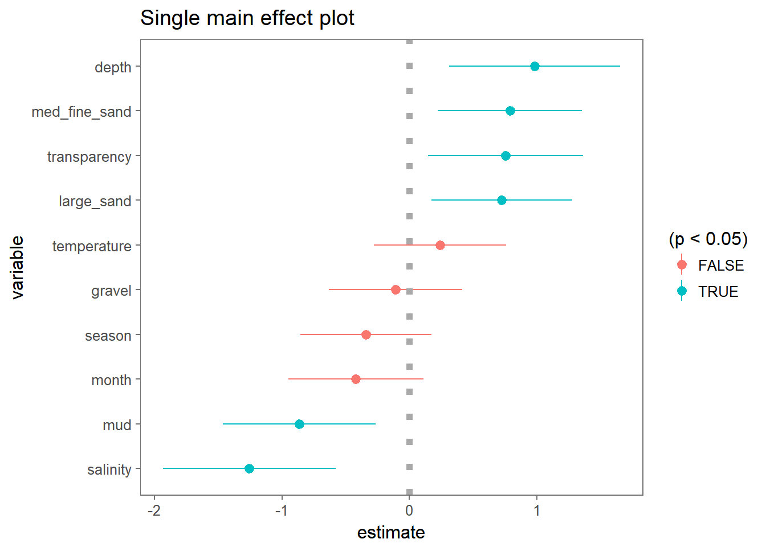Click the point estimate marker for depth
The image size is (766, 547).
pyautogui.click(x=535, y=67)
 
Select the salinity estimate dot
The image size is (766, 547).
pyautogui.click(x=249, y=468)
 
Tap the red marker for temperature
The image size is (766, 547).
pyautogui.click(x=440, y=245)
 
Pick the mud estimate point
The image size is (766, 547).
pyautogui.click(x=299, y=424)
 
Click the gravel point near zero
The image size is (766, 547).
pyautogui.click(x=396, y=290)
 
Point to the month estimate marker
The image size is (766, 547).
pyautogui.click(x=356, y=379)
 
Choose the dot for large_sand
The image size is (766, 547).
pyautogui.click(x=502, y=201)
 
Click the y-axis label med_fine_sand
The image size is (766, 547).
pyautogui.click(x=82, y=112)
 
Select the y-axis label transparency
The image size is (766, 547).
pyautogui.click(x=89, y=157)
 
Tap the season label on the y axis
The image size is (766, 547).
pyautogui.click(x=108, y=336)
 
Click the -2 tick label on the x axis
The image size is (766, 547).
pyautogui.click(x=154, y=511)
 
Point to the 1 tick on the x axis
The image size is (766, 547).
pyautogui.click(x=536, y=511)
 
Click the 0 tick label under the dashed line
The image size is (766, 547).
pyautogui.click(x=409, y=511)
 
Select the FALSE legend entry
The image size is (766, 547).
pyautogui.click(x=720, y=266)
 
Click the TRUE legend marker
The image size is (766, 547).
pyautogui.click(x=682, y=291)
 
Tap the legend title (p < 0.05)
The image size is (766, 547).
pyautogui.click(x=708, y=239)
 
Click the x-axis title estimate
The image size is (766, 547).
pyautogui.click(x=391, y=533)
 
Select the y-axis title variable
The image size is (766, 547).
pyautogui.click(x=18, y=268)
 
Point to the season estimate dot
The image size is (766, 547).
pyautogui.click(x=366, y=335)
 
